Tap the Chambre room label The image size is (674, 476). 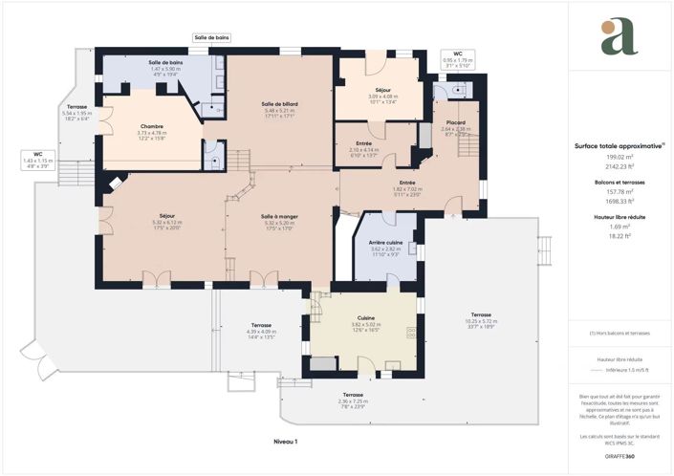152,126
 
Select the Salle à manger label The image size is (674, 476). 279,216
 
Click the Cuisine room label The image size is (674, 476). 365,317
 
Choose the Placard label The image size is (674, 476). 455,122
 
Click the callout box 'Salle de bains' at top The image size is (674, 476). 211,38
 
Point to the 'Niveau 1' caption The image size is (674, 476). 285,442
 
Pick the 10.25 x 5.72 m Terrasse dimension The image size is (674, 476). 480,321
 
